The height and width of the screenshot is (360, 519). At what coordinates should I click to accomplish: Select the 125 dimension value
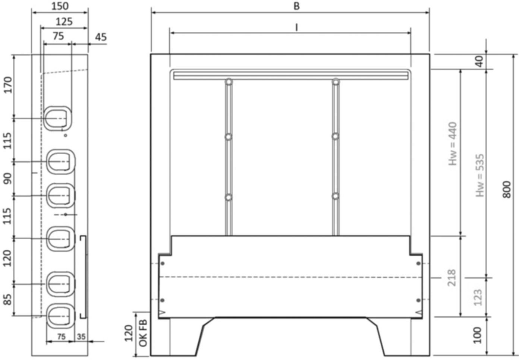tap(64, 22)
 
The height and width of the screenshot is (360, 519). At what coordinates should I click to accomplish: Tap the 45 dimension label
tap(101, 37)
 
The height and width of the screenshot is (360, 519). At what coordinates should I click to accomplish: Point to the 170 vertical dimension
tap(8, 85)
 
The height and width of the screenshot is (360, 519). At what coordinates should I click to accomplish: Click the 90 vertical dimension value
tap(8, 179)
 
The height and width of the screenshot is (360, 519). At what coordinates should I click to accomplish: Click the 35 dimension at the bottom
tap(81, 337)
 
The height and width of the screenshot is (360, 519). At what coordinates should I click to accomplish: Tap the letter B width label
tap(296, 6)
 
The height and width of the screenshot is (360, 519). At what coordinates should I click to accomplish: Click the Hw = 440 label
tap(453, 143)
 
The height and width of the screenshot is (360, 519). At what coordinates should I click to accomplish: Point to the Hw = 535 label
tap(481, 175)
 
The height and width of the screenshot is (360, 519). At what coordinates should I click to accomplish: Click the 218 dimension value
tap(452, 277)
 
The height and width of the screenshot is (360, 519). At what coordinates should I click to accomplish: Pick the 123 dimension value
tap(479, 297)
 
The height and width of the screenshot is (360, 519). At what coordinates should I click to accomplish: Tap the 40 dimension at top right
tap(480, 61)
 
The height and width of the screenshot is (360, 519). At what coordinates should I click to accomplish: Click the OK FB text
tap(143, 333)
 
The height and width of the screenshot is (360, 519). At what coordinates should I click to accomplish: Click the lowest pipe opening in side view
tap(60, 316)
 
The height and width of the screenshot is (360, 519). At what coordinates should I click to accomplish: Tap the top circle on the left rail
tap(229, 81)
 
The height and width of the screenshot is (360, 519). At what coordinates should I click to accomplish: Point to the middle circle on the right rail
tap(336, 137)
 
